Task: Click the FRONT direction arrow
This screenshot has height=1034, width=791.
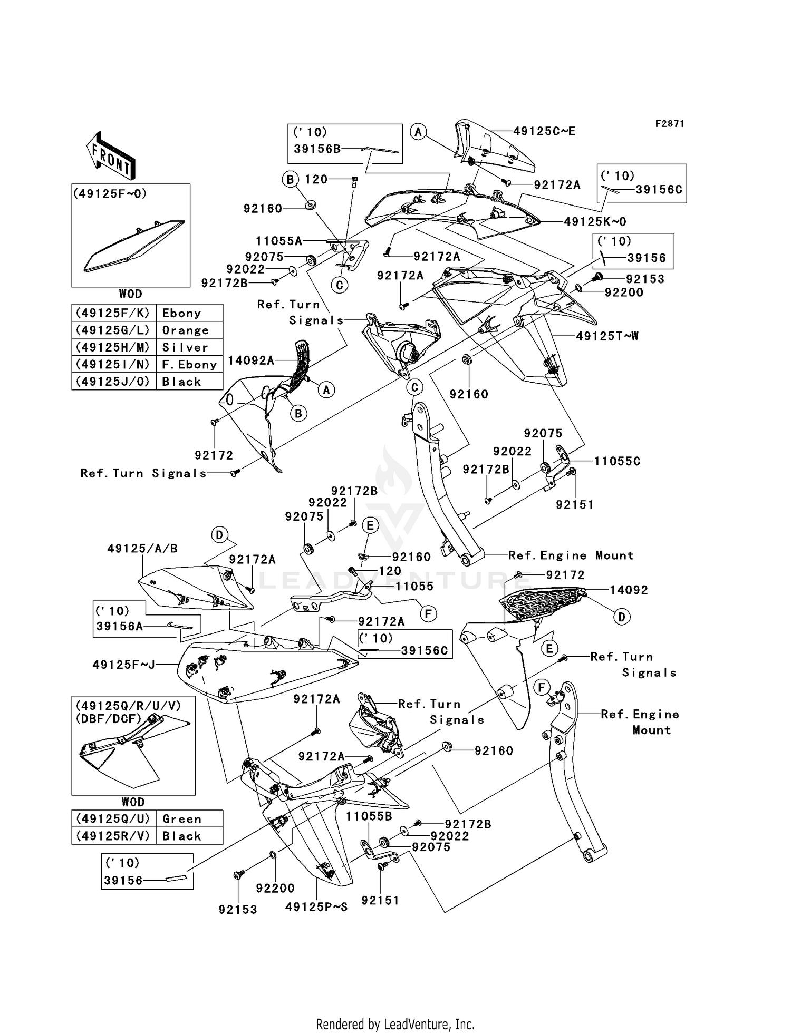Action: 111,156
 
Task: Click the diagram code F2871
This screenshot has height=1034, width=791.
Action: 669,123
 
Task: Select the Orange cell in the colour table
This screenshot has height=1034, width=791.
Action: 185,330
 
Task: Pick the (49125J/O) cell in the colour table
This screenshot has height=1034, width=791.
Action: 113,381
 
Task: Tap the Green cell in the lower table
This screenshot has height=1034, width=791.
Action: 182,818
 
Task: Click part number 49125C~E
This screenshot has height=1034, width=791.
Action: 544,131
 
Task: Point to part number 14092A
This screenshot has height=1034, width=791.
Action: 251,360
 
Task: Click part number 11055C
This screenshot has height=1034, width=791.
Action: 617,461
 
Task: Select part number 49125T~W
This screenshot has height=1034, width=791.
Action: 607,336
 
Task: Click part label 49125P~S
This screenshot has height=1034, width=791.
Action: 316,907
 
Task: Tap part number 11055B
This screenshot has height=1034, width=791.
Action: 369,816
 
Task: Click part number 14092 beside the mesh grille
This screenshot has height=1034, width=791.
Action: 629,590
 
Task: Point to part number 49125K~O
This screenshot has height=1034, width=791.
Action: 595,221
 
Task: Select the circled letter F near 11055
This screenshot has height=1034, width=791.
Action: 428,613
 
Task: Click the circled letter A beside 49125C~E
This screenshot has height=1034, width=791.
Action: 418,132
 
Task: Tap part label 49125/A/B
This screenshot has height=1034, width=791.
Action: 142,548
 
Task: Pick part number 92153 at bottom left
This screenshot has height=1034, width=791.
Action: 238,909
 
